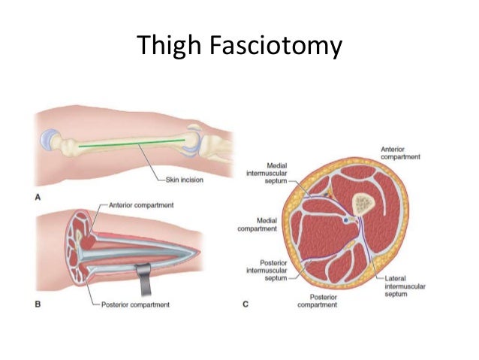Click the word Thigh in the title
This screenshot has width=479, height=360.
169,45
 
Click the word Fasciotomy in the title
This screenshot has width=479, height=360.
276,45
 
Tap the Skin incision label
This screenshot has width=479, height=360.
184,180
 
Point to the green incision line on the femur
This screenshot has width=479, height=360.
131,143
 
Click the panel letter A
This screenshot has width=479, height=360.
38,197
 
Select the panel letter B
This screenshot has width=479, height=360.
38,304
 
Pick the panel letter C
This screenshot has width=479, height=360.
246,304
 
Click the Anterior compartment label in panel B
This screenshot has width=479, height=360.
141,205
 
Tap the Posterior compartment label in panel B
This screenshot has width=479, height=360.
135,304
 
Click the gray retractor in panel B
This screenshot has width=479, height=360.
144,278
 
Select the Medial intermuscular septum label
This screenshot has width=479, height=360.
267,173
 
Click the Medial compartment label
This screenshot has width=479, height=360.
258,225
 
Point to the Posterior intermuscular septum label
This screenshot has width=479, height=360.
267,271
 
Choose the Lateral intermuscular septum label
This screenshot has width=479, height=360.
405,286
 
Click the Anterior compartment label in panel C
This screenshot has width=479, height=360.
400,153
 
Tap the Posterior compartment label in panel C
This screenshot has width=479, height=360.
318,301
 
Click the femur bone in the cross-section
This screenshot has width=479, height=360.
363,204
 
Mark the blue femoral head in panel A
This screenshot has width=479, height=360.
47,140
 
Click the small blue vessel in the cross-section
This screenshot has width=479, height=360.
345,220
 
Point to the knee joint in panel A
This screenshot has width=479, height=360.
194,141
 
